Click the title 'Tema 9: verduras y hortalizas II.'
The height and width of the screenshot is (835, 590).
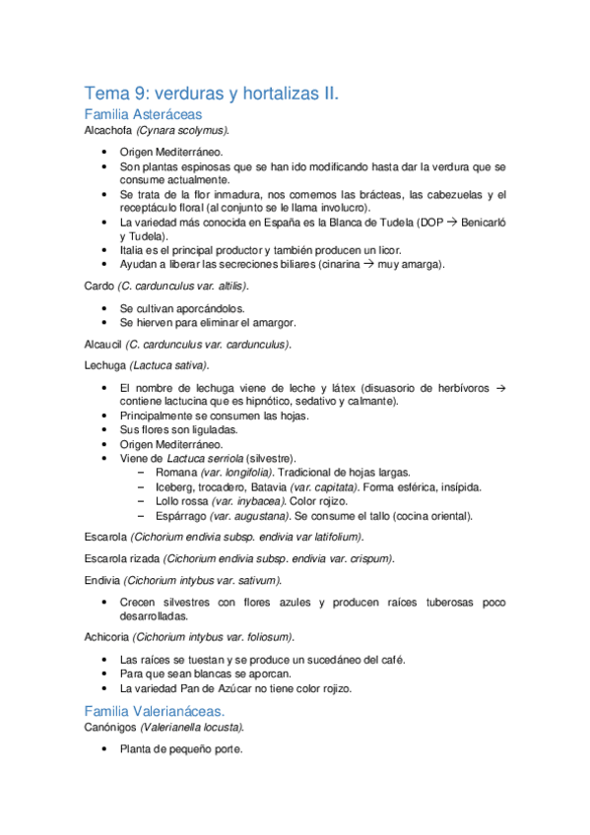[x=212, y=94]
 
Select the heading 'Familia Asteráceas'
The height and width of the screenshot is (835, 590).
[x=144, y=115]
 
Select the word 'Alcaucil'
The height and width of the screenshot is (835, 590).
[x=104, y=345]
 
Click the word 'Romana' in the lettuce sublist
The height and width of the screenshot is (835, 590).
[x=175, y=473]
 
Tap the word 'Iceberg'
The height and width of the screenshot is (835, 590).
[x=173, y=486]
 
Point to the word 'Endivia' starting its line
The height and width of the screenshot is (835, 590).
[x=103, y=579]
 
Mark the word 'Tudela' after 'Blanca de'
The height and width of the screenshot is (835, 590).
[x=395, y=224]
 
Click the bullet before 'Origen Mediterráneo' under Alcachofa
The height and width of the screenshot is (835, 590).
[x=105, y=153]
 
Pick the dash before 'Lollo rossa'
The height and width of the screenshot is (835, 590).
[x=144, y=501]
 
